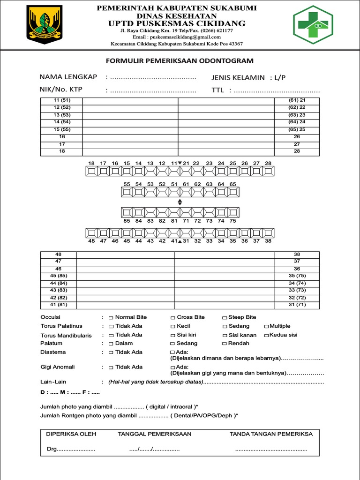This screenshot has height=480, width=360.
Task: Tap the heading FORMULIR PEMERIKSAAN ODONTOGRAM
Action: tap(180, 61)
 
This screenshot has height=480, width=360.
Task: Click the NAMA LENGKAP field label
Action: tap(68, 77)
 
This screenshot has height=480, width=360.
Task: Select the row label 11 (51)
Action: tap(62, 100)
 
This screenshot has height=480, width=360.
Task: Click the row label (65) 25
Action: tap(297, 129)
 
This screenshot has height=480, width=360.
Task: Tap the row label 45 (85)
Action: tap(59, 276)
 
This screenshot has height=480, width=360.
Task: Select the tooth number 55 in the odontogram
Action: tap(127, 184)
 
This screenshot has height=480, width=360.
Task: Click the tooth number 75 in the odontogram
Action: tap(233, 220)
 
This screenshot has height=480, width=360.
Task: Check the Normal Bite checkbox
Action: tap(111, 318)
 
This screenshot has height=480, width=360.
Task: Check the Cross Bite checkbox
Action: tap(173, 318)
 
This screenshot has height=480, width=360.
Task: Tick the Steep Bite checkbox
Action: tap(225, 318)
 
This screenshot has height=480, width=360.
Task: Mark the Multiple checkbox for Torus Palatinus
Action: tap(266, 326)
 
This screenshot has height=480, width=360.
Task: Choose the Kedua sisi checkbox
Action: tap(266, 335)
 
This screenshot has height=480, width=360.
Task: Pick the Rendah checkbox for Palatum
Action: tap(225, 344)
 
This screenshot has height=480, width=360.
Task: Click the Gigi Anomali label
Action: tap(58, 367)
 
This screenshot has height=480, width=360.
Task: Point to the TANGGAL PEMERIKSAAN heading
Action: tap(155, 434)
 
